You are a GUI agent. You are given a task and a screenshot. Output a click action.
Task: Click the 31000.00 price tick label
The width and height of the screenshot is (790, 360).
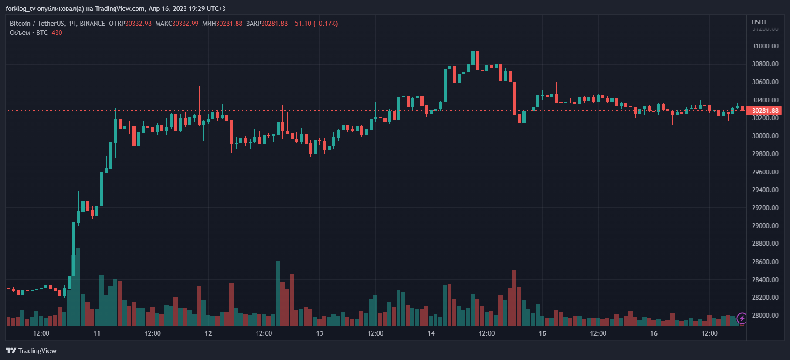point(765,46)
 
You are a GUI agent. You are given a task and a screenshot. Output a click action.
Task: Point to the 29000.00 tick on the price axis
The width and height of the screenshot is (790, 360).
point(765,226)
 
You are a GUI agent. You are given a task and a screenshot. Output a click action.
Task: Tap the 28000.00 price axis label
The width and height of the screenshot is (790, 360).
point(765,316)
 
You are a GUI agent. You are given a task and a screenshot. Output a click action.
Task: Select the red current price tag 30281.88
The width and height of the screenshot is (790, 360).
point(765,111)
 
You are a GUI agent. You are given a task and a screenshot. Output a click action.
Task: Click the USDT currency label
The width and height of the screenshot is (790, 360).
point(759,22)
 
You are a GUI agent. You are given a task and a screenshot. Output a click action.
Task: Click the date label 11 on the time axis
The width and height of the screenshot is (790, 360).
point(97,333)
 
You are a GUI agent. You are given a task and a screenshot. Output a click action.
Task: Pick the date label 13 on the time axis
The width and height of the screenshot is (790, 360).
point(319,333)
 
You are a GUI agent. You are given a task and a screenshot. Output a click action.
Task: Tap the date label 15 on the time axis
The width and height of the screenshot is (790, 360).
point(542,333)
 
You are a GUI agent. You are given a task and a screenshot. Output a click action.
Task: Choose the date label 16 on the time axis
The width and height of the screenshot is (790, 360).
point(654,333)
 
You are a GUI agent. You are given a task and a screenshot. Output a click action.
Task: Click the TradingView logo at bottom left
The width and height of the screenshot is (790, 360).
point(31,351)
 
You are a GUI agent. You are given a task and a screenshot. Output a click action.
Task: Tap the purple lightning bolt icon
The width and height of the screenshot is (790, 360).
point(742,318)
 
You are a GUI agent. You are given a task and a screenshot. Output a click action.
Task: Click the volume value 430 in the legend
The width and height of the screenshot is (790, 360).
point(57,33)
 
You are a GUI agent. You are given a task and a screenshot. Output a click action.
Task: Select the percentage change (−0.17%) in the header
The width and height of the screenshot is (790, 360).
point(325,24)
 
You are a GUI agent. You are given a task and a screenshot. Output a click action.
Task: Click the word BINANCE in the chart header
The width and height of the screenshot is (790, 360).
point(92,24)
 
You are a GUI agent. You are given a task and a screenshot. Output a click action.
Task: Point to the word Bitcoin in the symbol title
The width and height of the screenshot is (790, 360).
point(20,24)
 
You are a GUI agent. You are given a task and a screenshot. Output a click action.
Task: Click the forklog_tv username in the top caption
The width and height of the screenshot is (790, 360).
point(20,9)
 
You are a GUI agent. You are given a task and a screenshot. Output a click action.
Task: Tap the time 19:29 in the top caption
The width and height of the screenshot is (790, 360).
point(197,9)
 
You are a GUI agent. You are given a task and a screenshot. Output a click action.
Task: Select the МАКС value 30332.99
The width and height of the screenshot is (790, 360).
point(185,24)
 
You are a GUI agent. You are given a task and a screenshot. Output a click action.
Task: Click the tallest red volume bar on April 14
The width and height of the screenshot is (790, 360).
point(514,298)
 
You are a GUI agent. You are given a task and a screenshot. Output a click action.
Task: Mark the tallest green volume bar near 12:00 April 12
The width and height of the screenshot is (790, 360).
point(278,293)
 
